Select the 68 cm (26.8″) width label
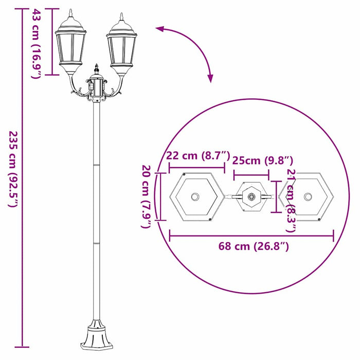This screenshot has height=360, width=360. click(254, 247)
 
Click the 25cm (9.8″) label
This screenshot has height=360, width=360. click(262, 160)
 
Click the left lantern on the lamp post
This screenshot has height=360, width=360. click(70, 49)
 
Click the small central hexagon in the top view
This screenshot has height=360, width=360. click(251, 196)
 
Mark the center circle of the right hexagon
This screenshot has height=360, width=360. click(308, 197)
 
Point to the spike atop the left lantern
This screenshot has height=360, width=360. click(70, 13)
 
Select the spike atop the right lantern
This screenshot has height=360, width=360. click(121, 17)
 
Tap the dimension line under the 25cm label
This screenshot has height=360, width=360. click(251, 174)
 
